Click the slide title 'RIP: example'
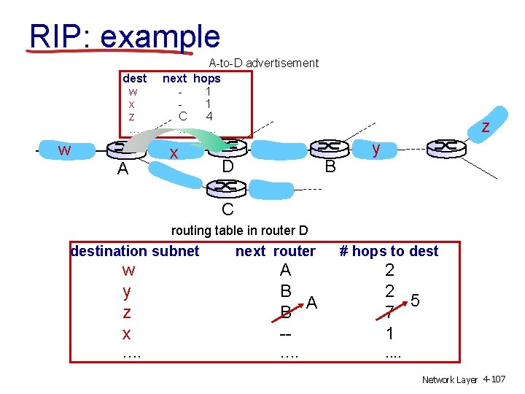click(x=124, y=36)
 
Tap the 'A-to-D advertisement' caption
click(x=263, y=63)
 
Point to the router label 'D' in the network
click(x=227, y=167)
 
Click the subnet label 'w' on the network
click(x=65, y=150)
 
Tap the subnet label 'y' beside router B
click(x=376, y=149)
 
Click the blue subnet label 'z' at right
click(x=484, y=127)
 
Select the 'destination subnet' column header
click(x=135, y=251)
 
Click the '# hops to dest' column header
click(x=389, y=251)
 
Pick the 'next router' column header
click(x=276, y=251)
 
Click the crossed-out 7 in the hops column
click(x=390, y=312)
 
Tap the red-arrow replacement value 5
click(x=415, y=300)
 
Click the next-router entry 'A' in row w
click(x=285, y=271)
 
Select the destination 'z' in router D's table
click(x=128, y=312)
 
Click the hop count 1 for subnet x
click(x=390, y=333)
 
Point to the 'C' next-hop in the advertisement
click(x=183, y=115)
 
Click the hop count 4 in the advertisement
click(x=209, y=115)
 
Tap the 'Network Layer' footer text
click(x=450, y=380)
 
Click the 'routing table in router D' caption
click(x=239, y=231)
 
